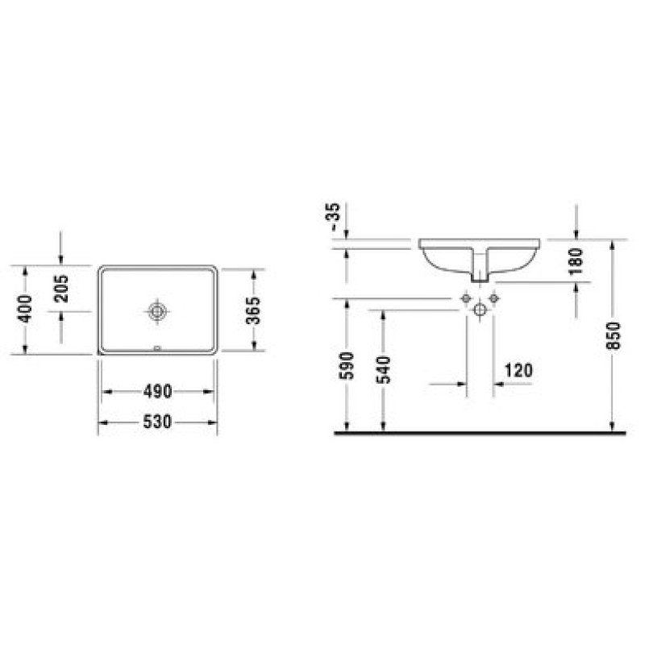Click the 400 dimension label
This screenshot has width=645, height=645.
pyautogui.click(x=26, y=309)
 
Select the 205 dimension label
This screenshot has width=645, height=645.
pyautogui.click(x=62, y=289)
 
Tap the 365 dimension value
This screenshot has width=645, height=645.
pyautogui.click(x=253, y=310)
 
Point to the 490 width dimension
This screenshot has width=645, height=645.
pyautogui.click(x=157, y=392)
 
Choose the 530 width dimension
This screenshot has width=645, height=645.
pyautogui.click(x=157, y=422)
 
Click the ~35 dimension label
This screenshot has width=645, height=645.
pyautogui.click(x=333, y=217)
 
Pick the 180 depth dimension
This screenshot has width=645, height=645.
pyautogui.click(x=576, y=260)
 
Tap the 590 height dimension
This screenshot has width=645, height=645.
pyautogui.click(x=347, y=366)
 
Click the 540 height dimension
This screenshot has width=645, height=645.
pyautogui.click(x=384, y=369)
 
